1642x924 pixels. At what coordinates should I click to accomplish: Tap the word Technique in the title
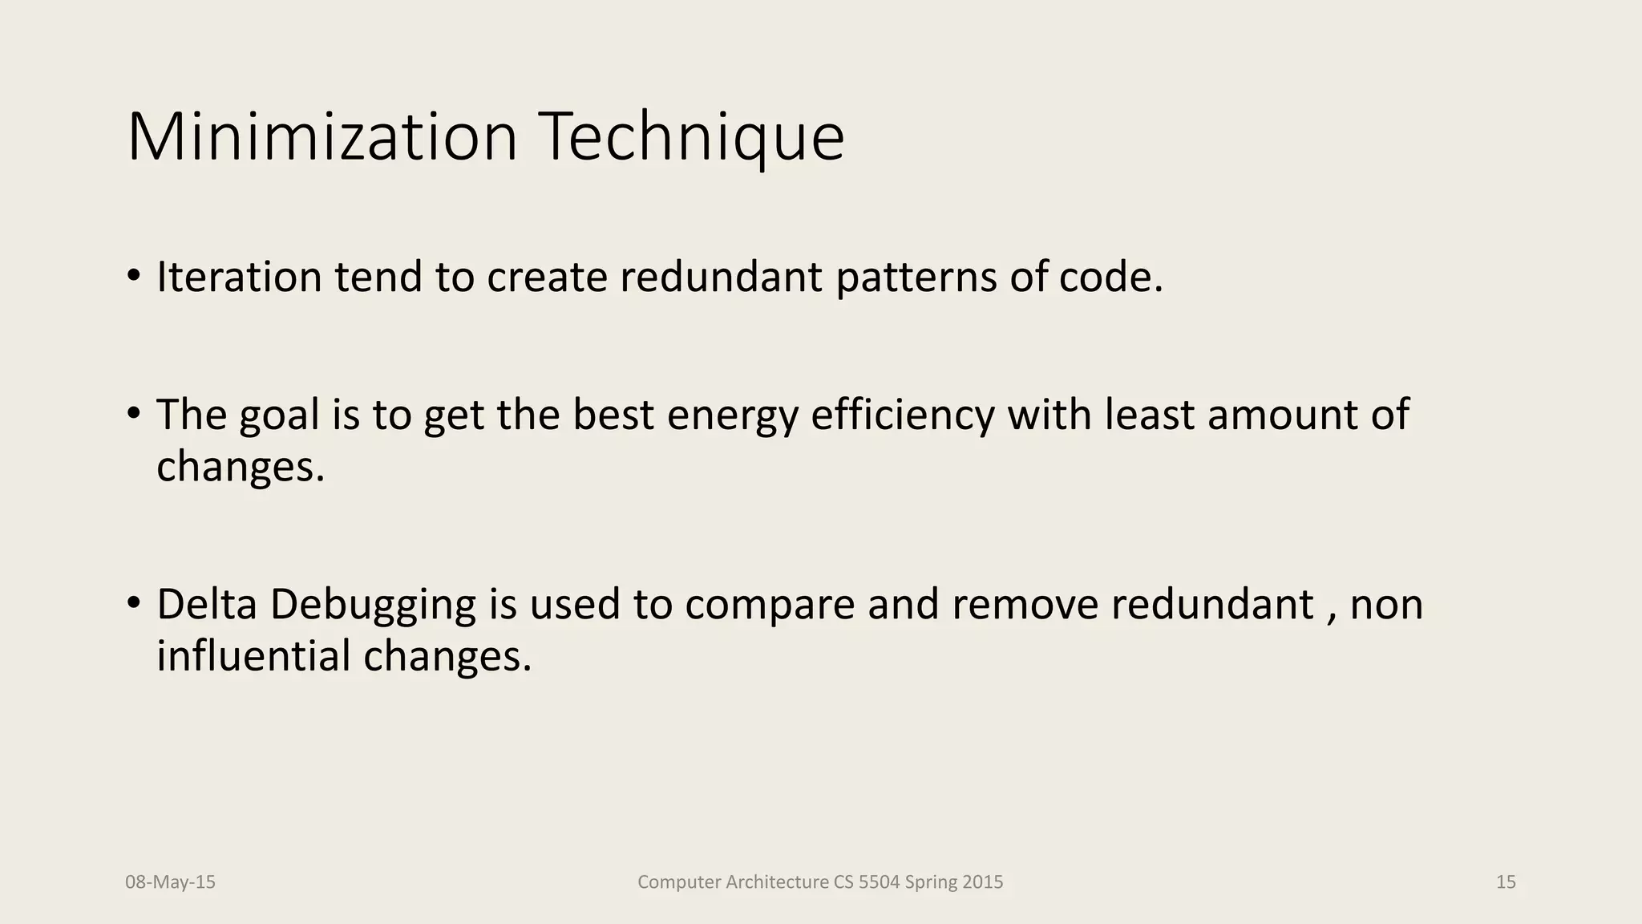point(694,137)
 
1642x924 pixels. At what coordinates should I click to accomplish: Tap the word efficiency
point(902,415)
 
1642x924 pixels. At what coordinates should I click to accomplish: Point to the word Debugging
point(373,606)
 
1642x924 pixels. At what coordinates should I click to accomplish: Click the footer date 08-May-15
point(170,882)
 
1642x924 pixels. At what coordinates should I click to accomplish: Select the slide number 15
point(1506,882)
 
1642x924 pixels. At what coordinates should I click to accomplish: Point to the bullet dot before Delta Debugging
point(134,602)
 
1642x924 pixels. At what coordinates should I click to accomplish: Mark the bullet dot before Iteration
point(134,275)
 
